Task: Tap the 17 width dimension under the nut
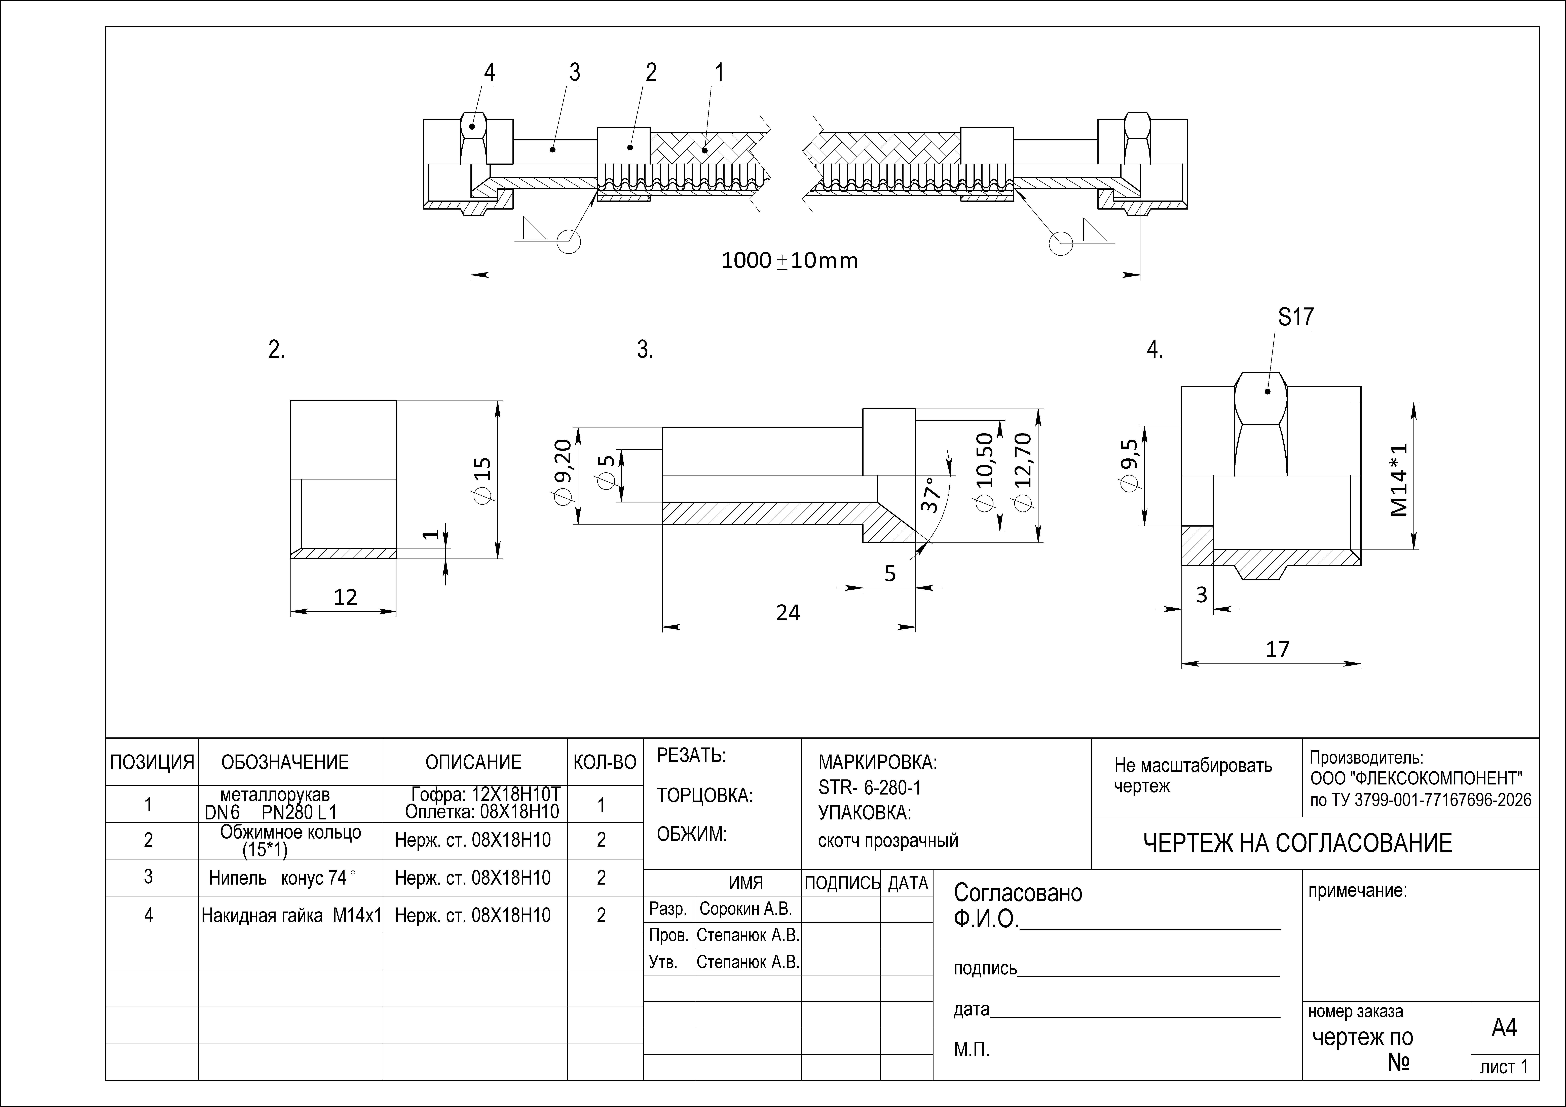tap(1278, 649)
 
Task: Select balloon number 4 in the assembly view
tap(489, 72)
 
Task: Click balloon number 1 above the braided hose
tap(718, 72)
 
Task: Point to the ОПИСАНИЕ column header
tap(473, 762)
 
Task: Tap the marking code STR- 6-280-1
tap(870, 788)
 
